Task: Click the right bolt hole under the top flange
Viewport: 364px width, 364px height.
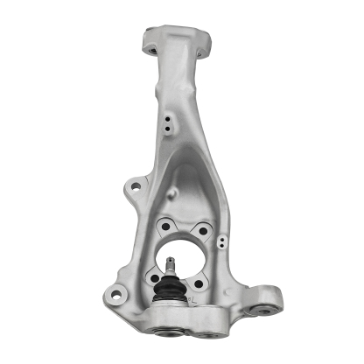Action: (x=203, y=53)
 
